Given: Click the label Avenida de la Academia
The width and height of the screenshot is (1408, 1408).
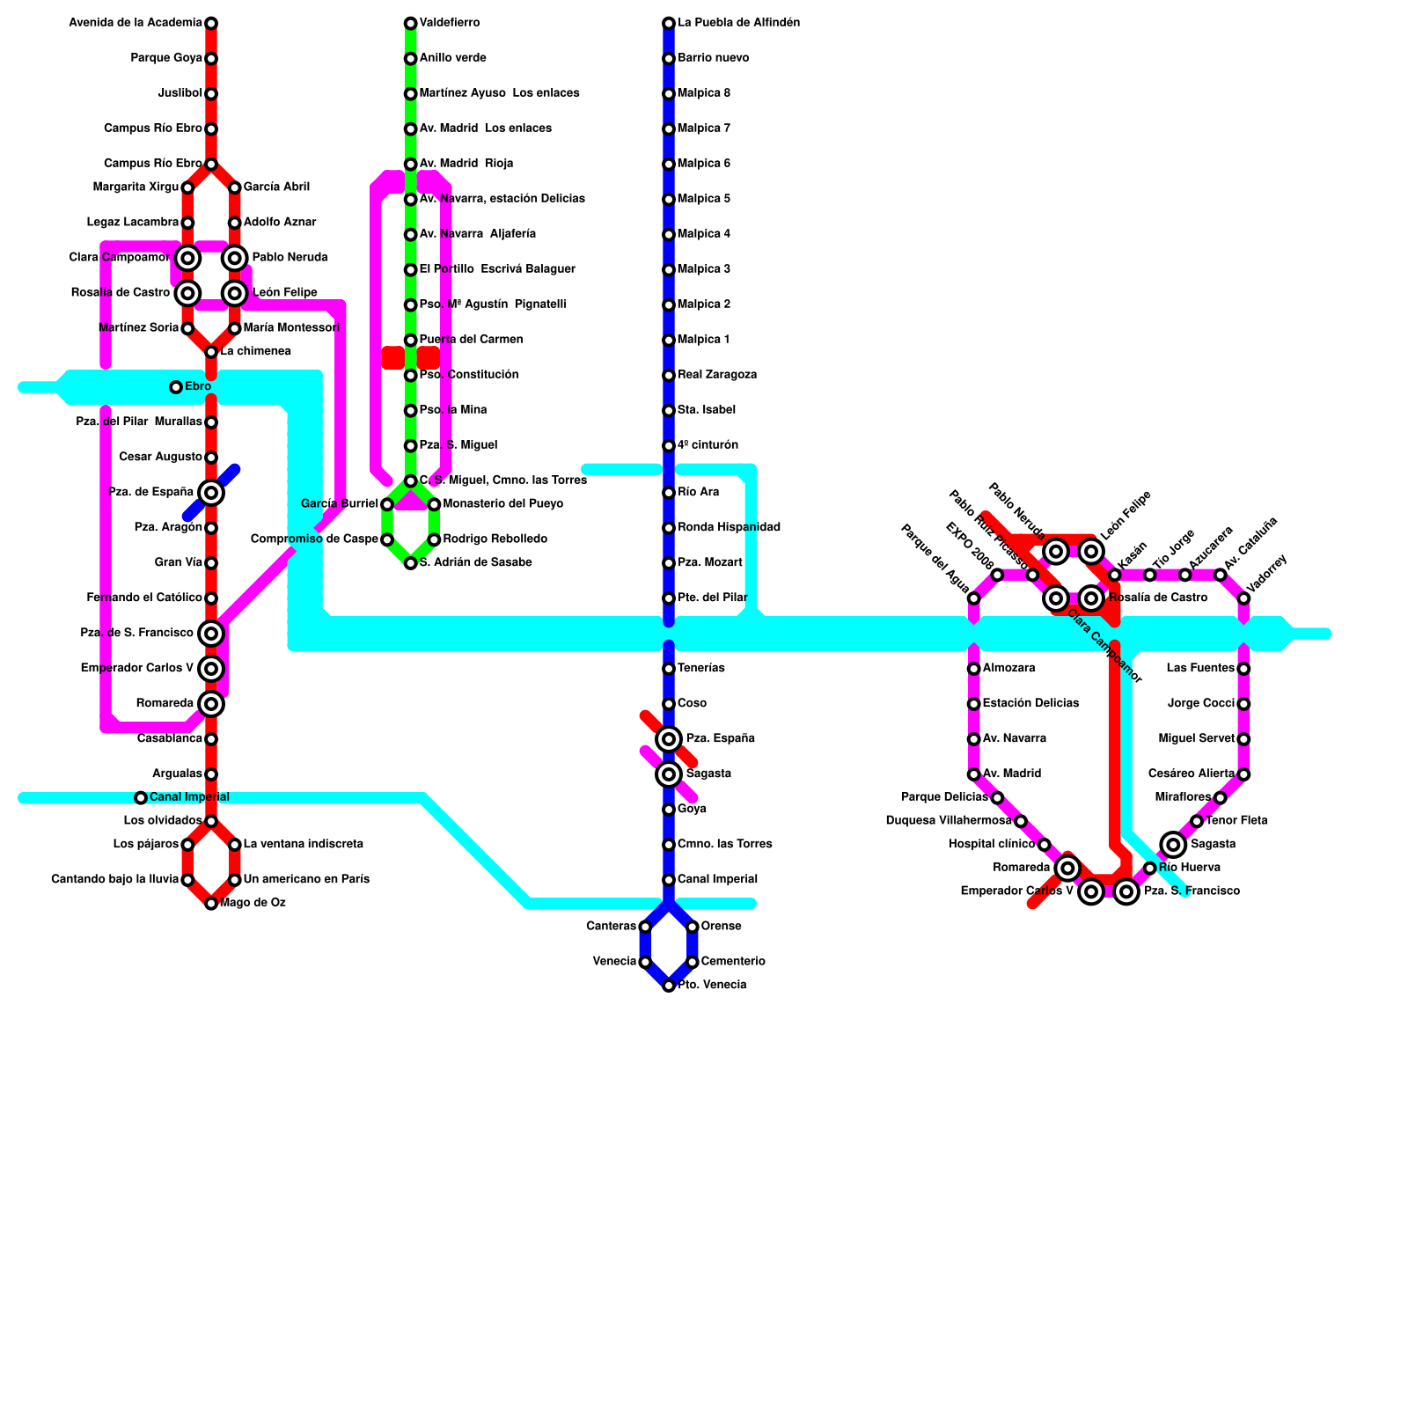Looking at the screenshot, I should (136, 23).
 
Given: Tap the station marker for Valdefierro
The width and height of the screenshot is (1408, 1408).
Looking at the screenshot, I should (410, 23).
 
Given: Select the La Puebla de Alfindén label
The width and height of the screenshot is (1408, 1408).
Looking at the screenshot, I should (739, 23).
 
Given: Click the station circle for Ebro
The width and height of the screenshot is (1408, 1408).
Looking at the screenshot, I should (176, 387).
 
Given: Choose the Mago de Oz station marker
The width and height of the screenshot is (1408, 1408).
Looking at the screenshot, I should (211, 904).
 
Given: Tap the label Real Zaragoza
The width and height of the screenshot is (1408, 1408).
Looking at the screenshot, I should (717, 375).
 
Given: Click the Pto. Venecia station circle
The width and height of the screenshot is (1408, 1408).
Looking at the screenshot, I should (669, 986).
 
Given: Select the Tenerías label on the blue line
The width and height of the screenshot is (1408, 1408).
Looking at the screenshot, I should (701, 669).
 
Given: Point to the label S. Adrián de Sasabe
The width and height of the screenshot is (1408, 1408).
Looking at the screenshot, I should (475, 563).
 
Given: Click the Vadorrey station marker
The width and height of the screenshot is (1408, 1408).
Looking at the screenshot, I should (1243, 598).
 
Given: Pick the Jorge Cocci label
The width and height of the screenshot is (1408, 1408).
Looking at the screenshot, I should (1200, 704).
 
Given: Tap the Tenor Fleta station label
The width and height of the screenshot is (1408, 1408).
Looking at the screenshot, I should (1236, 821).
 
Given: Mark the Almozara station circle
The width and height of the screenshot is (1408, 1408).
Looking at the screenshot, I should (973, 669).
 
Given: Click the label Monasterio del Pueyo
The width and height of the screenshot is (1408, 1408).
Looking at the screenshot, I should (502, 504).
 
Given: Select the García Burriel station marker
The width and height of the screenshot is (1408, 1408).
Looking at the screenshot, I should (387, 504).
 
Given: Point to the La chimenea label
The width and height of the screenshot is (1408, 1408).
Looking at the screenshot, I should (255, 352).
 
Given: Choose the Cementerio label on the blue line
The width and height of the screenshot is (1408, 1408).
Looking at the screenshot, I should (733, 962).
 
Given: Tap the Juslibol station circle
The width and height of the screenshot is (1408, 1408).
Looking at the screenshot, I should (211, 93).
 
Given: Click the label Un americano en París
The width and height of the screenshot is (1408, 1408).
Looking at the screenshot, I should (306, 880).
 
